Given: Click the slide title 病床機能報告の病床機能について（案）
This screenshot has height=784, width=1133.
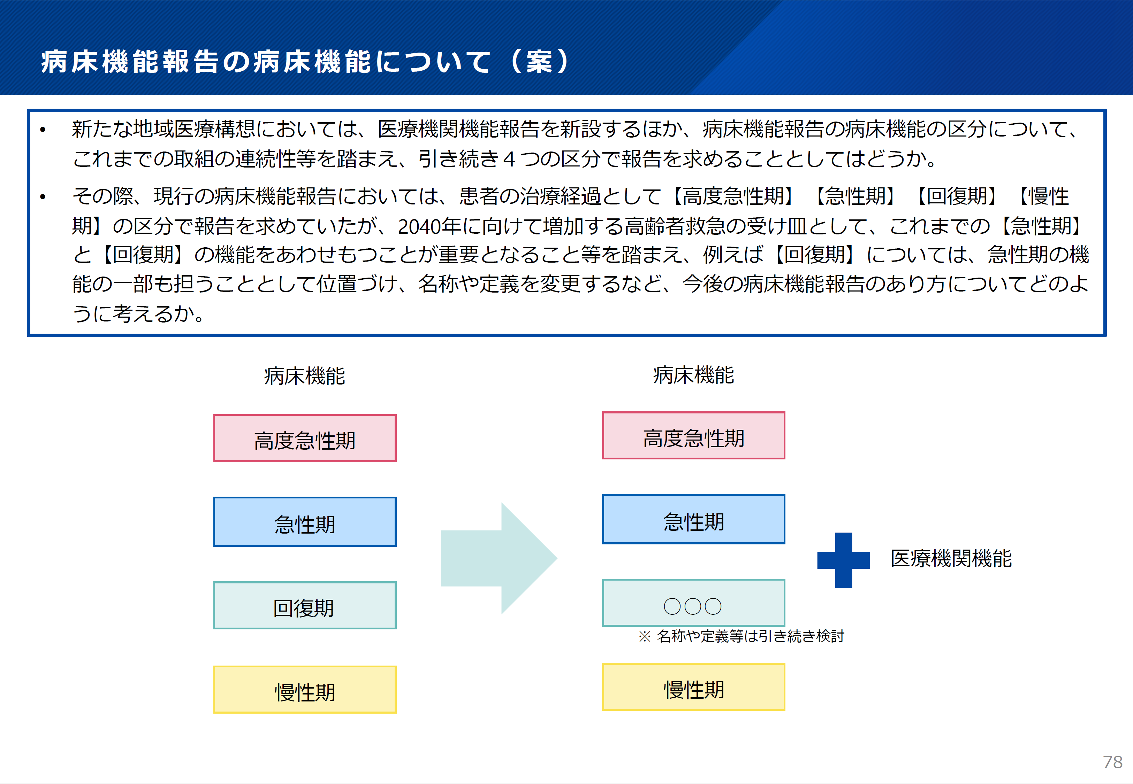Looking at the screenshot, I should tap(305, 62).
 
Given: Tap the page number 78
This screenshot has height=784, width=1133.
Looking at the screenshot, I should tap(1112, 762).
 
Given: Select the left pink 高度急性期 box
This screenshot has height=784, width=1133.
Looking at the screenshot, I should tap(305, 438).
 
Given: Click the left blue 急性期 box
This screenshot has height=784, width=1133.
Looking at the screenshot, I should tap(305, 522).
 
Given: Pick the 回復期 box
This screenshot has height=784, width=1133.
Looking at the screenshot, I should tap(305, 606).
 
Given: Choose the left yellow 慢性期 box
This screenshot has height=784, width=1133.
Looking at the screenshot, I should tap(305, 690).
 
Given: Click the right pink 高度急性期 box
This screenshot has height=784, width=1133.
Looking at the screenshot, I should tap(693, 436).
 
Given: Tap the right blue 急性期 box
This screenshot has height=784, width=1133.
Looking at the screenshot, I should tap(693, 519).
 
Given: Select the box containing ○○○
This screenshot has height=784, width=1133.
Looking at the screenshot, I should tap(693, 603).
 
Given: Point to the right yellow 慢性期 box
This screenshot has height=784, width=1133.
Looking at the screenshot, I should tap(693, 687).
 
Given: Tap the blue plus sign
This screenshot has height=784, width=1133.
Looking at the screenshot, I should tap(844, 560).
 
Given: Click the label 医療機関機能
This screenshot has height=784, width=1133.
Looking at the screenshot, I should tap(951, 559).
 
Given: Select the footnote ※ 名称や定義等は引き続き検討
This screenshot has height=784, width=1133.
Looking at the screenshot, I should tap(741, 636).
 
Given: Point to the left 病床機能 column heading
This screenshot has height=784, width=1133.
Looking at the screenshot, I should tap(305, 376).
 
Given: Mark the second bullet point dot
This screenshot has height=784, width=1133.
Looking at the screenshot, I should tap(43, 197).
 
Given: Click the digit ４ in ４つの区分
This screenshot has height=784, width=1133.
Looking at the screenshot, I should tap(509, 159).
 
